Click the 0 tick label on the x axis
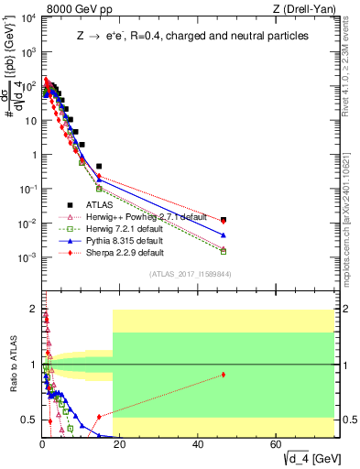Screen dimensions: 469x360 pos(42,444)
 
